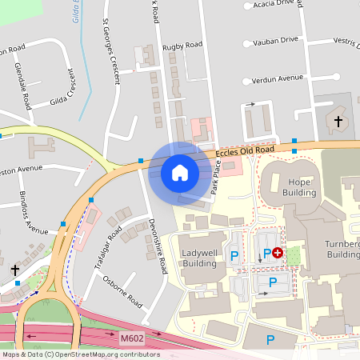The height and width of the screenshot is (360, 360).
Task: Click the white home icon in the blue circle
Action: click(x=180, y=173)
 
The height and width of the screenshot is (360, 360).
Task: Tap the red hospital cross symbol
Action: click(x=278, y=253)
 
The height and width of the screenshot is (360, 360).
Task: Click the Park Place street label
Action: click(x=214, y=185)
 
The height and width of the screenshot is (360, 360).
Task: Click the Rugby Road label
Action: click(x=182, y=47)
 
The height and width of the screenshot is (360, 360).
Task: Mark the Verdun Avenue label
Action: click(x=278, y=78)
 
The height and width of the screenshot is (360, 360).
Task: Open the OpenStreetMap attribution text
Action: click(x=80, y=354)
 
